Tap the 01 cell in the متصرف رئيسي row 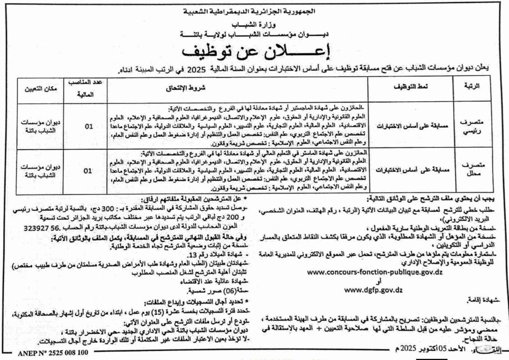[88, 126]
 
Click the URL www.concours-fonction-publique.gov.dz [376, 272]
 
